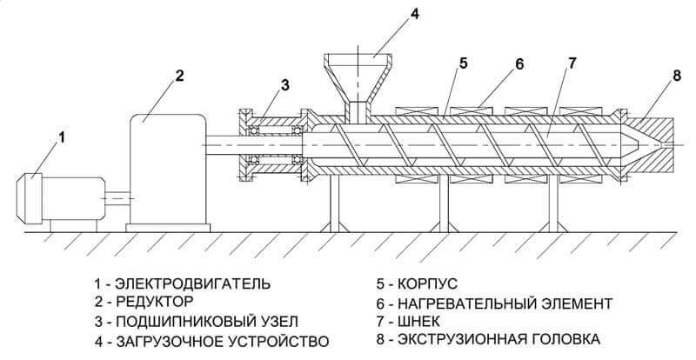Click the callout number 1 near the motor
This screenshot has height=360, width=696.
point(62,137)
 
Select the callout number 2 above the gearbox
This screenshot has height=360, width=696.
point(178,76)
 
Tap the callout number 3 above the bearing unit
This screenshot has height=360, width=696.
point(284,84)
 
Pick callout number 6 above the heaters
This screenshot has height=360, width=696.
point(519,63)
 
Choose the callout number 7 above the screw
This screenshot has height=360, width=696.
point(572,63)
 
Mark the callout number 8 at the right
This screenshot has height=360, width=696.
point(676,76)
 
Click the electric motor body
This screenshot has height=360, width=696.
point(57,197)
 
